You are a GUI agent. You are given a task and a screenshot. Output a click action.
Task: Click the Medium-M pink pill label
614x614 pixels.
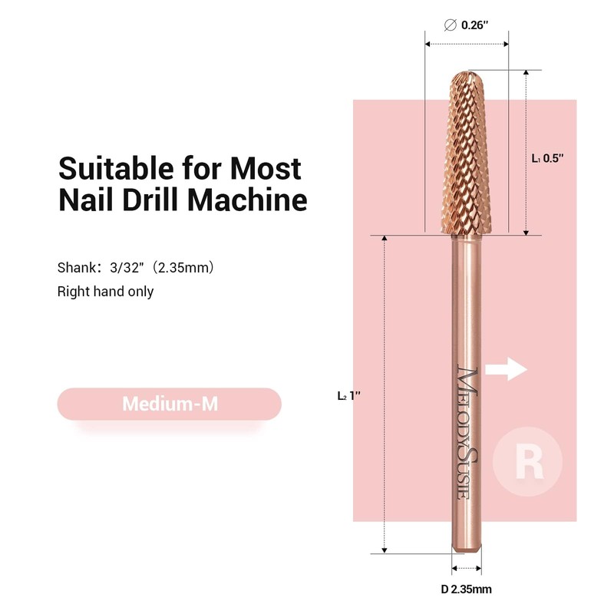coord(170,404)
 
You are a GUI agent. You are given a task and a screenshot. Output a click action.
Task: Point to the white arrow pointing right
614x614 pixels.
coord(507,370)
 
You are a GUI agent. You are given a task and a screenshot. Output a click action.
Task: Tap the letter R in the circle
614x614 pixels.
coord(527,463)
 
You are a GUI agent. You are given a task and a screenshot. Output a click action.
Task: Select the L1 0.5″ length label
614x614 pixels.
coord(548,158)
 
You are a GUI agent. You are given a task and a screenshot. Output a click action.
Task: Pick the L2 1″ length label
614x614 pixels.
coord(348,396)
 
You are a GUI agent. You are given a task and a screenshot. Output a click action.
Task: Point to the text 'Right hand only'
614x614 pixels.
coord(105,292)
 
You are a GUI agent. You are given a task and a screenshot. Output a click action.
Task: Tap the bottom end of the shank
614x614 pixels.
coord(466,546)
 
